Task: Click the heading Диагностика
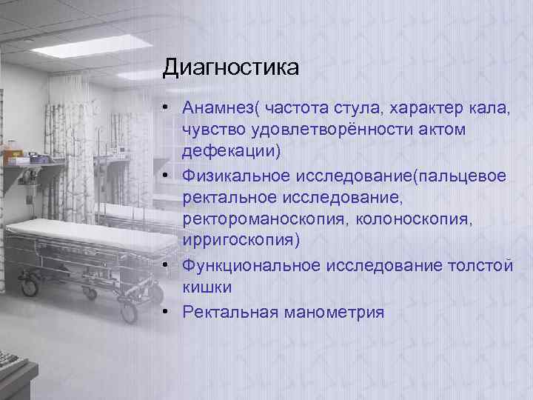231,68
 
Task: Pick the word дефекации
232,152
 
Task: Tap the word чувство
212,131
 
